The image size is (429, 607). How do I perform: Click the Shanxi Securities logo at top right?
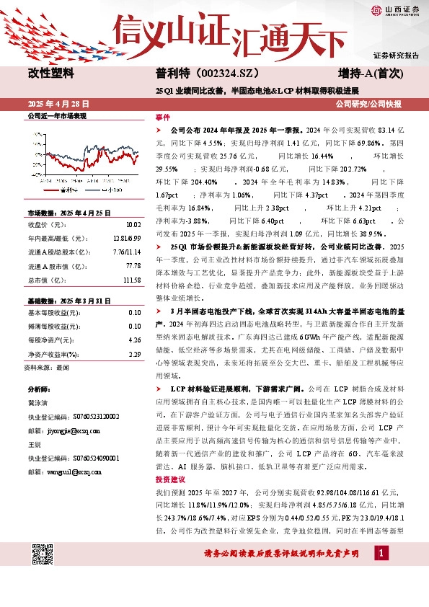click(397, 9)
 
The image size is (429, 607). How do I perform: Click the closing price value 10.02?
click(133, 225)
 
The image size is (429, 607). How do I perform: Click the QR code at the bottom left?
click(45, 554)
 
